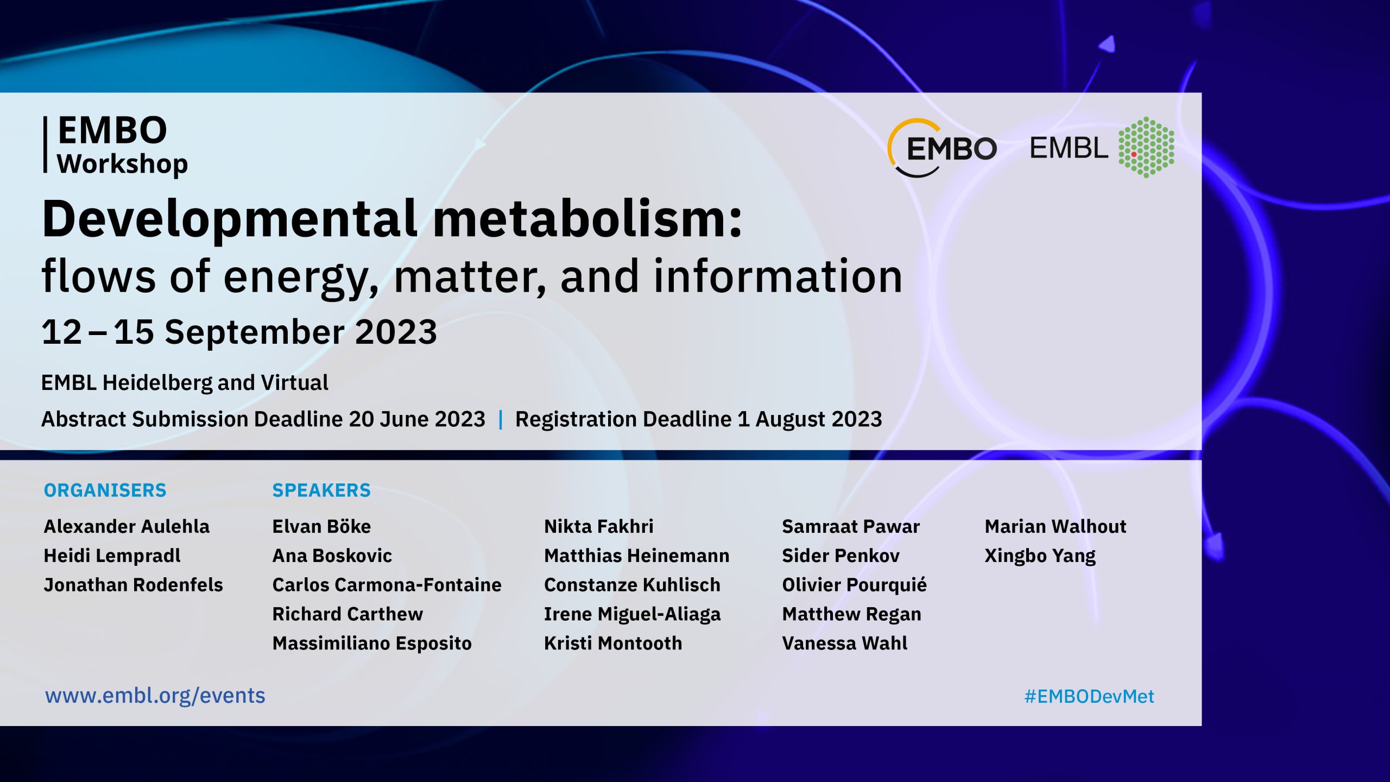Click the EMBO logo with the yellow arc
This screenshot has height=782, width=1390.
942,148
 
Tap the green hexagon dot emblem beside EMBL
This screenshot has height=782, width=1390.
1146,147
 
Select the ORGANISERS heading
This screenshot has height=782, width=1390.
105,490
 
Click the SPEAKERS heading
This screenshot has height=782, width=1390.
321,490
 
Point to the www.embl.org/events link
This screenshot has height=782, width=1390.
155,696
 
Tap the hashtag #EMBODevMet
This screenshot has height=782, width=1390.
1089,696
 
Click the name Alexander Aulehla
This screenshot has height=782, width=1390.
127,526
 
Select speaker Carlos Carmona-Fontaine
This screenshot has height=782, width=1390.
387,585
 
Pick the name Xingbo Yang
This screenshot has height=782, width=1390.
1040,556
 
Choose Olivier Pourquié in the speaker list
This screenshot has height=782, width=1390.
855,585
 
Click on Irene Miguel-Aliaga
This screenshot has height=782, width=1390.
633,614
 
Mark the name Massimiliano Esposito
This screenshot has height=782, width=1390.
372,644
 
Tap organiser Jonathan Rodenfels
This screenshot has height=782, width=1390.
134,585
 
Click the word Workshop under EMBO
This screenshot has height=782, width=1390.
123,164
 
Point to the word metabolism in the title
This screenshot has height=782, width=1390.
587,218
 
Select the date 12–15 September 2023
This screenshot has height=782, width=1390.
239,332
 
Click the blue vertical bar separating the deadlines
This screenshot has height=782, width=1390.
501,419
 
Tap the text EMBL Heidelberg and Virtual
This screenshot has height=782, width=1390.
185,383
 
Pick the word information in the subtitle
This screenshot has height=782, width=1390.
778,276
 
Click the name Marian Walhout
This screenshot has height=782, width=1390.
1056,526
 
